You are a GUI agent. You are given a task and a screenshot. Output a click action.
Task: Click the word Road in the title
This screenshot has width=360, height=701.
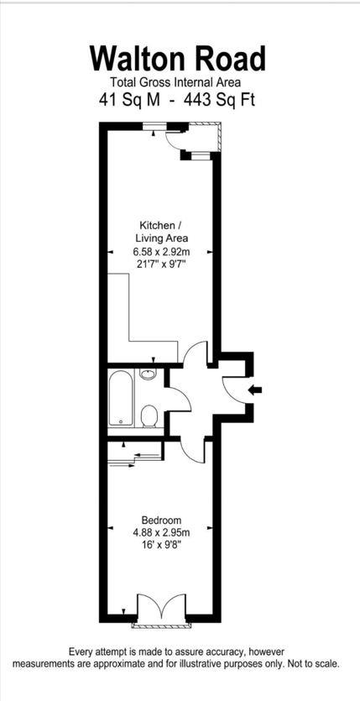point(231,59)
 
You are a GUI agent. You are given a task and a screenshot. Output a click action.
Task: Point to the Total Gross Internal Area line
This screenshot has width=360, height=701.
point(175,82)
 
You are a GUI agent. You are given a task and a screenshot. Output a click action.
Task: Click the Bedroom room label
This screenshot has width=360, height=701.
point(160,520)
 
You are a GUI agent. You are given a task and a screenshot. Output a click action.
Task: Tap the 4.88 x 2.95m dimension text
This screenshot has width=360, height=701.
point(160,532)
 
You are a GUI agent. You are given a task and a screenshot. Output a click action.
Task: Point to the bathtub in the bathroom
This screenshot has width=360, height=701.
point(121,399)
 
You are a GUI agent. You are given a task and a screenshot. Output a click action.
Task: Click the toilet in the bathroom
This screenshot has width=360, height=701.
point(149,416)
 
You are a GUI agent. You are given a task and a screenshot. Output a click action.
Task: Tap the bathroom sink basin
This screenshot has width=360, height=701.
point(149,374)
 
